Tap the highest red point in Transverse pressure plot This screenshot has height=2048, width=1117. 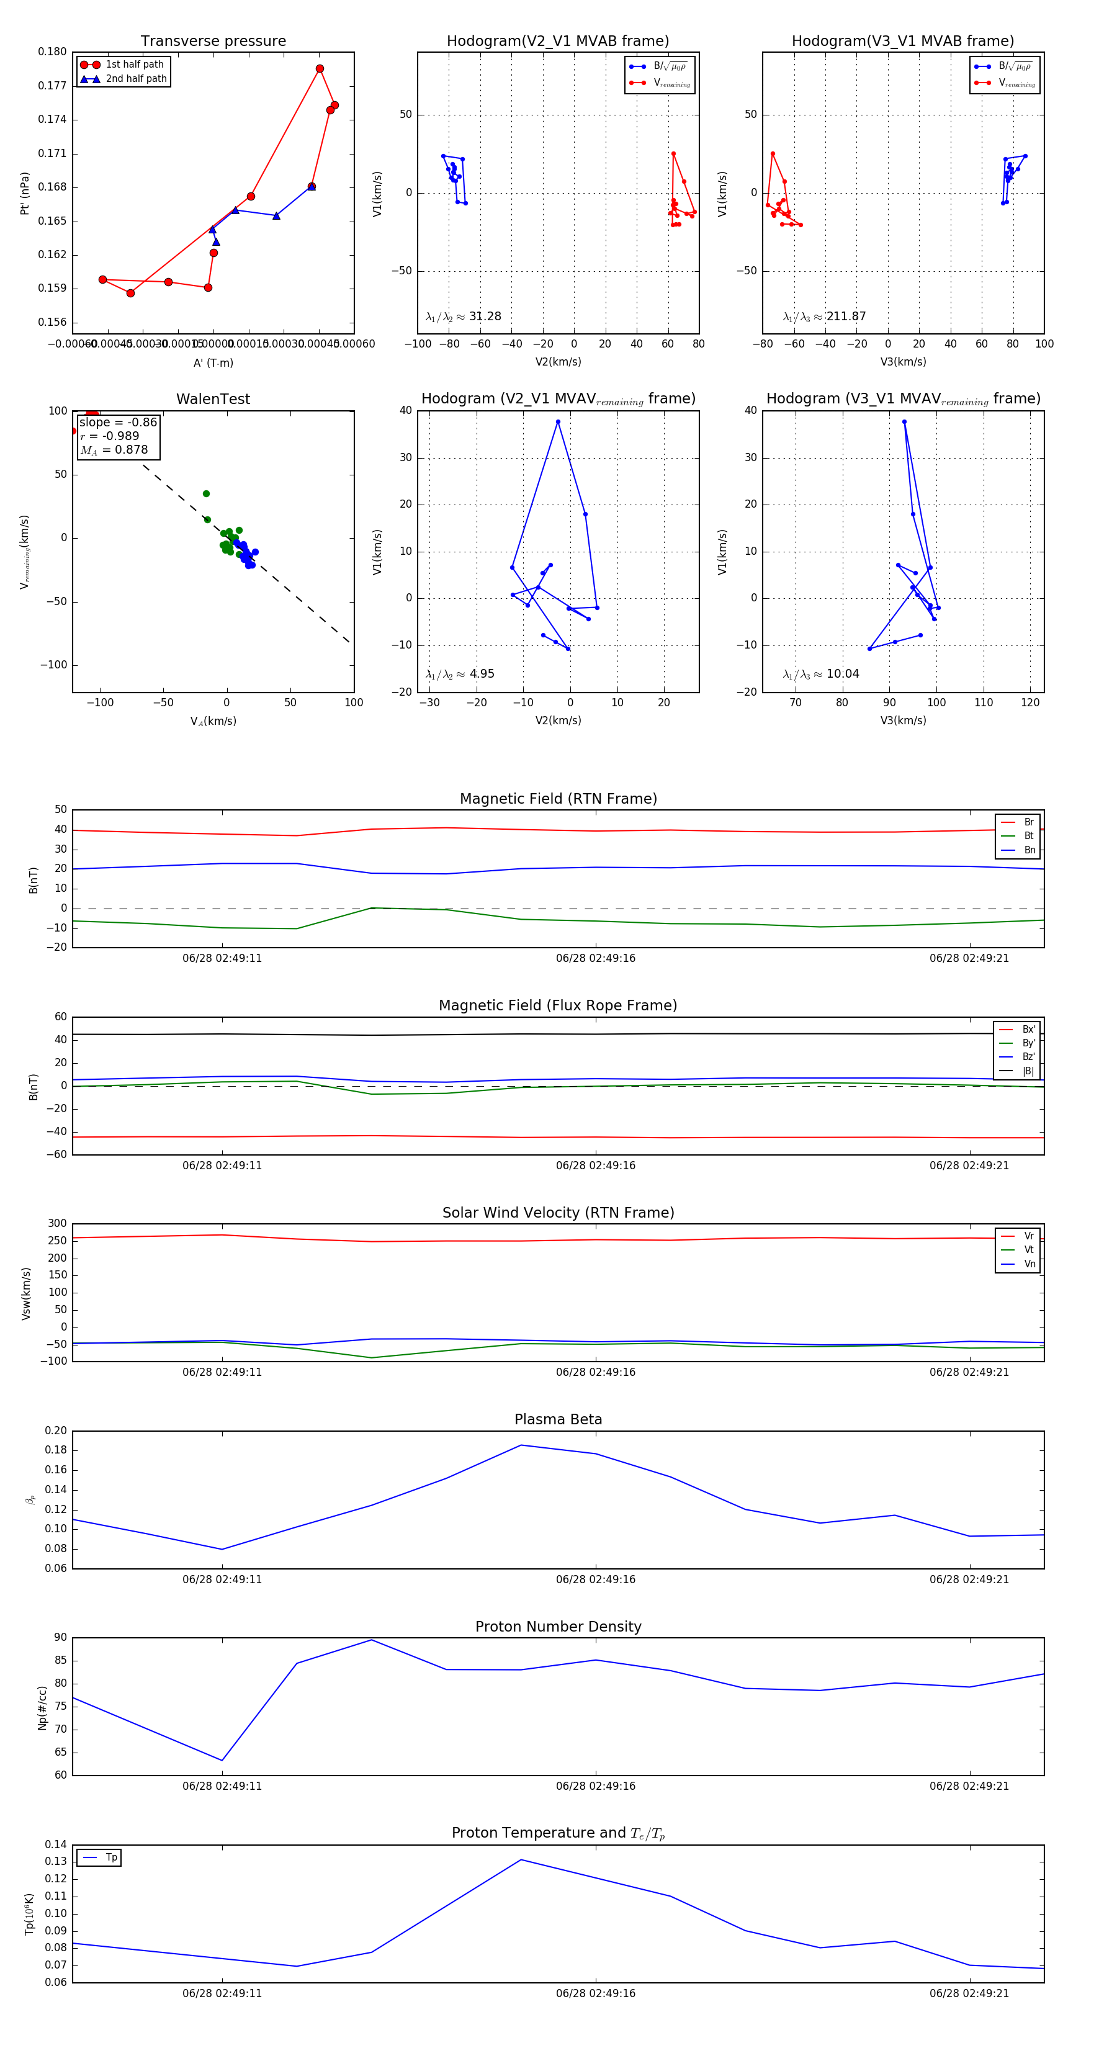pos(320,69)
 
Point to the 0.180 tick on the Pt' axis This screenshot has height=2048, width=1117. pos(53,52)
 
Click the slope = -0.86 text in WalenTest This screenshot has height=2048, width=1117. pos(118,422)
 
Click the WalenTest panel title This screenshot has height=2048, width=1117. pos(213,399)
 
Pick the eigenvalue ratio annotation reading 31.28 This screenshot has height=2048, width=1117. pos(464,317)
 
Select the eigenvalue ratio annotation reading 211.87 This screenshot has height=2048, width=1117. pos(825,317)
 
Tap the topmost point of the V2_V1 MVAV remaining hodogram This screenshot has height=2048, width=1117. pos(558,422)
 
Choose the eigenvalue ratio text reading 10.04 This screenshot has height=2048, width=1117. pos(821,674)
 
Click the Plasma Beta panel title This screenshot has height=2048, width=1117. pos(558,1419)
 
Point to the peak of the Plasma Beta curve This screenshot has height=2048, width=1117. pos(521,1445)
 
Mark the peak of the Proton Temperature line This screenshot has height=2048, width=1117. pos(521,1859)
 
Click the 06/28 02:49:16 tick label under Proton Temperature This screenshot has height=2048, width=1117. pos(596,1993)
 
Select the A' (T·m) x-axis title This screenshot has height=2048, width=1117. pos(213,362)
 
